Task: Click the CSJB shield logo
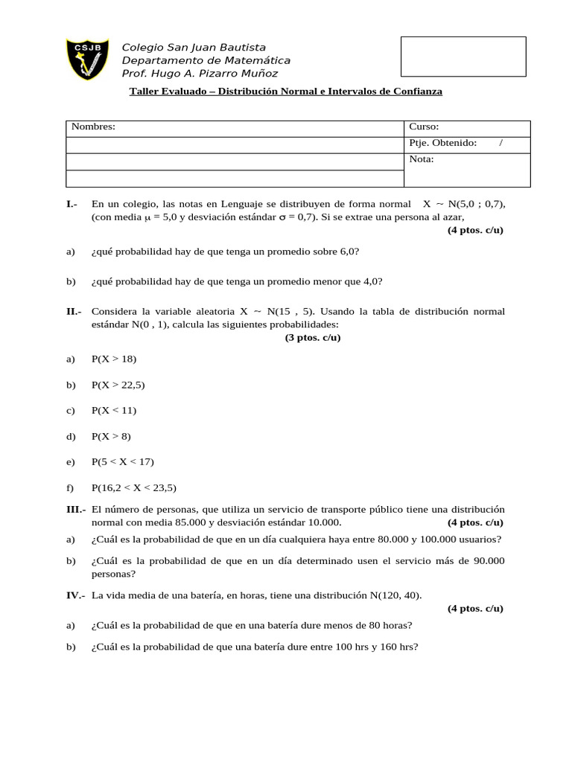[x=88, y=60]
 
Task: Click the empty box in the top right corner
[x=463, y=57]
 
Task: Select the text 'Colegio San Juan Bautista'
[x=194, y=48]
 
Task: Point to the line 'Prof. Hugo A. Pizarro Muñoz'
[x=200, y=73]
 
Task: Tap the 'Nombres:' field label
[x=93, y=127]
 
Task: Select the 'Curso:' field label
[x=424, y=127]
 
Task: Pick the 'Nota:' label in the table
[x=422, y=159]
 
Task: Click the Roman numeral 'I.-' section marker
[x=72, y=204]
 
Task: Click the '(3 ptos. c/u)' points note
[x=313, y=338]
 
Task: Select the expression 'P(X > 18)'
[x=114, y=359]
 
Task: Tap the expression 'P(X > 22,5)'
[x=118, y=385]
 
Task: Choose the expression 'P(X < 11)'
[x=114, y=410]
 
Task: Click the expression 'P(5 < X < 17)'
[x=123, y=461]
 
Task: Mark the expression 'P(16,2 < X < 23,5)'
[x=134, y=487]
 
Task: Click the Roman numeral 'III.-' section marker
[x=76, y=509]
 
